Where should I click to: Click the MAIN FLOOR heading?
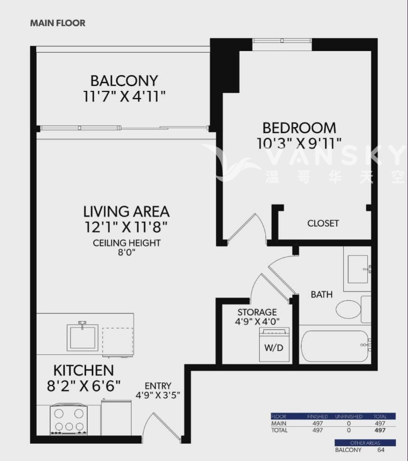coord(58,23)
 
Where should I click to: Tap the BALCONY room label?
coord(124,81)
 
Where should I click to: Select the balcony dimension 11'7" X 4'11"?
coord(124,96)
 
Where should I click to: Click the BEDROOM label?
coord(299,127)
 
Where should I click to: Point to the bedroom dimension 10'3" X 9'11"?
coord(299,142)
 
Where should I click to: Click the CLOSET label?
coord(323,223)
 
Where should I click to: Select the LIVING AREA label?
coord(126,211)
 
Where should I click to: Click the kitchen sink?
coord(83,336)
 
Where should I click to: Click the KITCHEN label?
coord(84,370)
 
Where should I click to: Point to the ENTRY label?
coord(158,385)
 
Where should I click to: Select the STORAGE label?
coord(257,312)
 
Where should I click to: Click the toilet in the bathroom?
coord(348,309)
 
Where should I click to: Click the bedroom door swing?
coord(246,228)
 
